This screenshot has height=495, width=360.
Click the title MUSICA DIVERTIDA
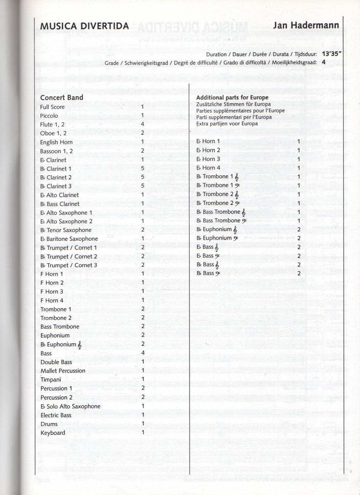pos(84,26)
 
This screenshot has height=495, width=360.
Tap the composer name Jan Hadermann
pos(306,25)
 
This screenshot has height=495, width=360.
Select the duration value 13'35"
pos(329,54)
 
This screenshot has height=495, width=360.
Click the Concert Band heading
pos(62,98)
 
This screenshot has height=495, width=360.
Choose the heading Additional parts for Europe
pos(232,98)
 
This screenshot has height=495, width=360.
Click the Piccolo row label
pos(49,116)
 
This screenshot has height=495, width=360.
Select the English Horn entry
pos(57,142)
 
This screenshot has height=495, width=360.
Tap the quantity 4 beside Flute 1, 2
pos(142,124)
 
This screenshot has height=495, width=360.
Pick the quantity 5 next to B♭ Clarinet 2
pos(142,177)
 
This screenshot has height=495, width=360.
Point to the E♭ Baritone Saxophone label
pos(69,239)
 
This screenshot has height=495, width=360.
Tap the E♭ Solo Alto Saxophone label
pos(70,406)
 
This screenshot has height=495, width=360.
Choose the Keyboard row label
pos(53,433)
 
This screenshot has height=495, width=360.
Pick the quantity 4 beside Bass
pos(142,353)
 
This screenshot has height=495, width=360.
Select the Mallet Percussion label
pos(63,370)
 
